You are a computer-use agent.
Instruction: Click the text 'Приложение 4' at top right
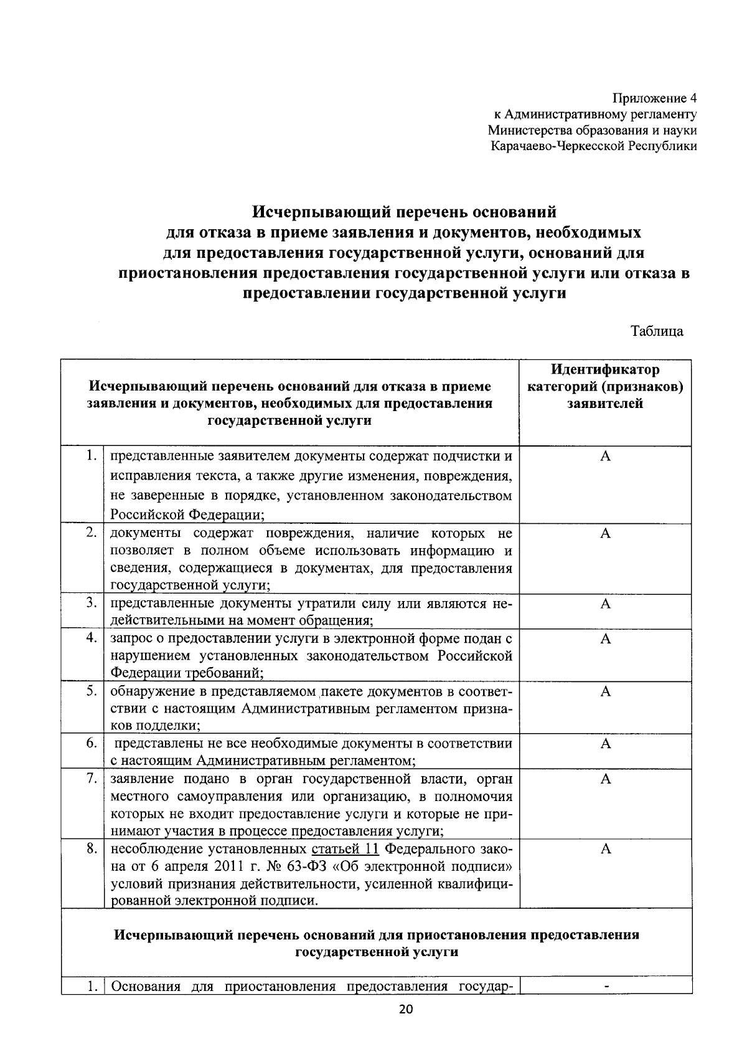tap(655, 98)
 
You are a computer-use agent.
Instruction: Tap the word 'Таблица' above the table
tap(657, 331)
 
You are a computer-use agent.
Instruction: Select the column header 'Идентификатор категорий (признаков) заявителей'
tap(605, 387)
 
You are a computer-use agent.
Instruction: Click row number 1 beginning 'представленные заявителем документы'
tap(91, 456)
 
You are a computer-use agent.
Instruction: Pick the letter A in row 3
tap(605, 604)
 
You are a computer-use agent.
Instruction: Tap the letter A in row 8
tap(605, 850)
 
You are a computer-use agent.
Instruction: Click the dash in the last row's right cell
tap(605, 987)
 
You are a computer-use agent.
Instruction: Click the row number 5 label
tap(91, 691)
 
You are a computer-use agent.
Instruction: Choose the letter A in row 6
tap(605, 744)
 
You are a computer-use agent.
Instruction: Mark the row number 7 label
tap(91, 779)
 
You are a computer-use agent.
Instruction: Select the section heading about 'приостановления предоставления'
tap(377, 943)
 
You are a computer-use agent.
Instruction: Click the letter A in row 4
tap(605, 638)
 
